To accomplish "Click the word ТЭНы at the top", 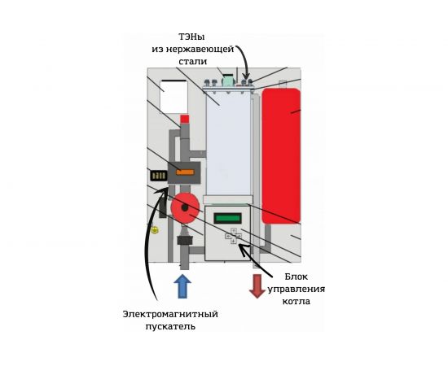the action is click(x=192, y=37).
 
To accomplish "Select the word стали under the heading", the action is click(x=192, y=62).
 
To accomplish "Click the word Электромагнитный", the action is click(x=170, y=314).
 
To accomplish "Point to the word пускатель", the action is click(x=170, y=326).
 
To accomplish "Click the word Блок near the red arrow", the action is click(x=296, y=277).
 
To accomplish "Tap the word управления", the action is click(x=296, y=289).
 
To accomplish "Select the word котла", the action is click(x=296, y=301).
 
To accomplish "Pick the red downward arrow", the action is click(x=257, y=286).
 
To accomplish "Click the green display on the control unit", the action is click(x=228, y=219).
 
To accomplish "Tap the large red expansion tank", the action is click(x=281, y=156).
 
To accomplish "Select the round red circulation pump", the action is click(x=185, y=208).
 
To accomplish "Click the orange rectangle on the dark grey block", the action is click(x=185, y=172).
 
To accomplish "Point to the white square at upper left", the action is click(x=173, y=97).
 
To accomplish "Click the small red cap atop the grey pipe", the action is click(x=185, y=119).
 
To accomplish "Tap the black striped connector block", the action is click(x=159, y=176).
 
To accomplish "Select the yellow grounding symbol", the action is click(x=155, y=230).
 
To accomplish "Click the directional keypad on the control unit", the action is click(x=234, y=236).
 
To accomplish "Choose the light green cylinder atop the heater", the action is click(x=228, y=81).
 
